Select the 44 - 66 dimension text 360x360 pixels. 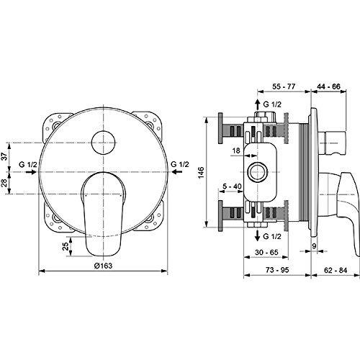[329, 85]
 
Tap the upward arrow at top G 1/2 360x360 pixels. [256, 104]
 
